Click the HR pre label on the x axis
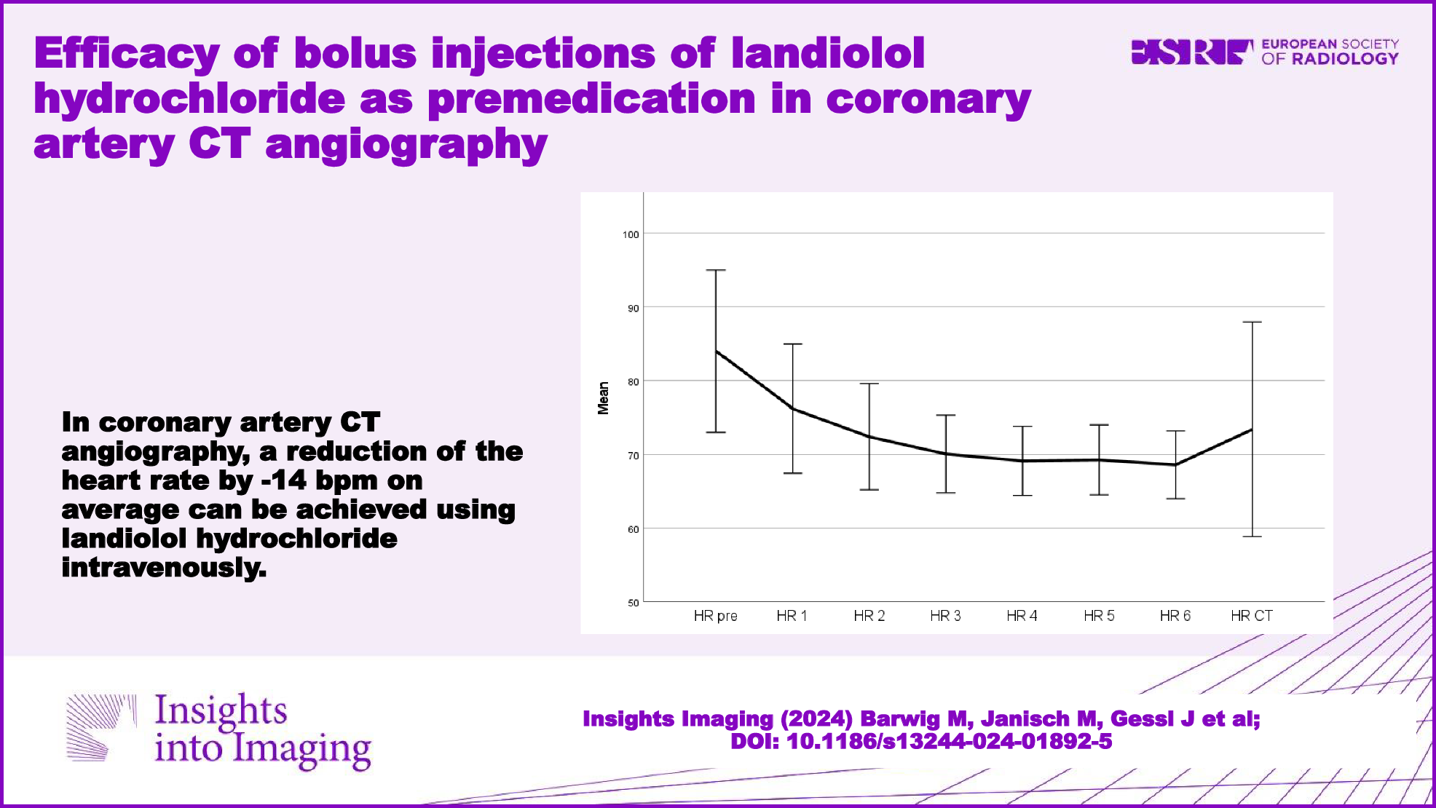click(715, 616)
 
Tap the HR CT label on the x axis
click(1251, 616)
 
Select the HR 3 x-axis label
click(945, 616)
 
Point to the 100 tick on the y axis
click(631, 234)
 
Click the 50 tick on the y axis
click(633, 603)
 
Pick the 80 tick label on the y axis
click(633, 381)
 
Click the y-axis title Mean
click(603, 398)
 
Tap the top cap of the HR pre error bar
click(716, 270)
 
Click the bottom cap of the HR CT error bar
click(1252, 536)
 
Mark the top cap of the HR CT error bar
click(1252, 322)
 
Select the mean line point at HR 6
click(1175, 464)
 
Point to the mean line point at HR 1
click(792, 408)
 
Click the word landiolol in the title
click(827, 53)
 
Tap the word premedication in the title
click(591, 99)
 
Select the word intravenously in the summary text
click(164, 568)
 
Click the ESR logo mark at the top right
click(1191, 52)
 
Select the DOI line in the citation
click(921, 742)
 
